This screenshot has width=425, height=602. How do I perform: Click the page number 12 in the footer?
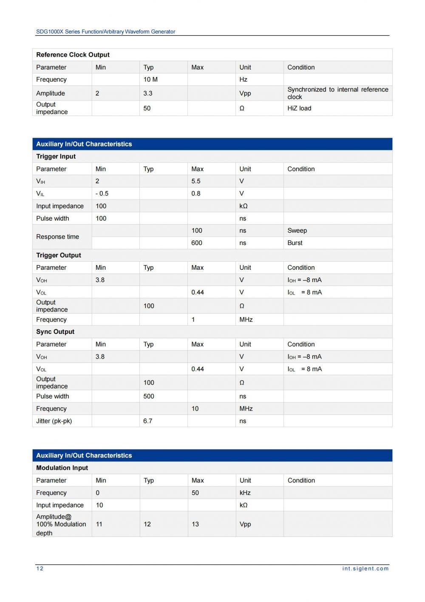pyautogui.click(x=40, y=568)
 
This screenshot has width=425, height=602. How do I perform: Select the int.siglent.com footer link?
pyautogui.click(x=365, y=568)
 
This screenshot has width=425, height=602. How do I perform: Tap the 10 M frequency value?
pyautogui.click(x=150, y=80)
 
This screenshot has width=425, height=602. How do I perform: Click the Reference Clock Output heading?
pyautogui.click(x=73, y=55)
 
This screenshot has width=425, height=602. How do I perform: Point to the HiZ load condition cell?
pyautogui.click(x=299, y=108)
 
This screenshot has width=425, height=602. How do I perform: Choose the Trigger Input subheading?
pyautogui.click(x=56, y=157)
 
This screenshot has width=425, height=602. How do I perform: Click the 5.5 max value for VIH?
pyautogui.click(x=196, y=181)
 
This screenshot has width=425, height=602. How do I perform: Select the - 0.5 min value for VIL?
pyautogui.click(x=102, y=194)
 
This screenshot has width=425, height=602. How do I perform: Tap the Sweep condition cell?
pyautogui.click(x=297, y=231)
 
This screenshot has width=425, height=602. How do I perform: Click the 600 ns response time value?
pyautogui.click(x=197, y=243)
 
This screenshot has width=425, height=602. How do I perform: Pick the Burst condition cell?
pyautogui.click(x=295, y=243)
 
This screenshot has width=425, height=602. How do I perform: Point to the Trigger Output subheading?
pyautogui.click(x=58, y=255)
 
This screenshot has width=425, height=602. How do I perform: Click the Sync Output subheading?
pyautogui.click(x=55, y=332)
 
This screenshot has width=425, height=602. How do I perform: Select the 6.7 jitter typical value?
pyautogui.click(x=147, y=421)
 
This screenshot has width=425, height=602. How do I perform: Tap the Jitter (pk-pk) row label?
pyautogui.click(x=54, y=421)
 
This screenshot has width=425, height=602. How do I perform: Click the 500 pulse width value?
pyautogui.click(x=149, y=397)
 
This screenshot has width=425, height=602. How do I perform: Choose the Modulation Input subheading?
pyautogui.click(x=62, y=468)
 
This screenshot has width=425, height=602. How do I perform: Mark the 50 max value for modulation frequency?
pyautogui.click(x=195, y=493)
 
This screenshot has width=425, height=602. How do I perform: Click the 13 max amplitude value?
pyautogui.click(x=195, y=524)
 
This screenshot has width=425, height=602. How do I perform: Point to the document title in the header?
pyautogui.click(x=105, y=31)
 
